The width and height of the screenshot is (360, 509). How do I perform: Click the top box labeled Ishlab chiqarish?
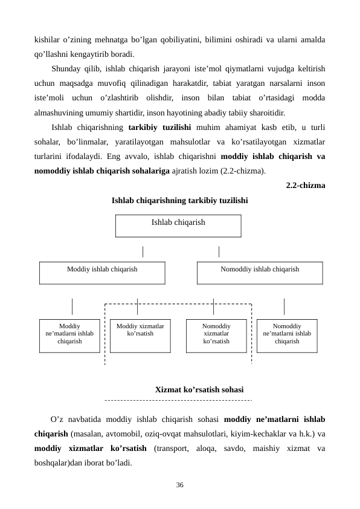point(178,225)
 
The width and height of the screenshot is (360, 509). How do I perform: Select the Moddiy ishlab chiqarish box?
point(102,273)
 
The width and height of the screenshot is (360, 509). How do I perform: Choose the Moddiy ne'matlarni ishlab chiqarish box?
point(69,336)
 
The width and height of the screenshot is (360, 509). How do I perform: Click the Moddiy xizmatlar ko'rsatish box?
point(140,336)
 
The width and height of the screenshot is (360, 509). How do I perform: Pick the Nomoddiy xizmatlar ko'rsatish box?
point(216,336)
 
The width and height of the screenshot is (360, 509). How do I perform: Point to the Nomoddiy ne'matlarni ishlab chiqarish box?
point(287,336)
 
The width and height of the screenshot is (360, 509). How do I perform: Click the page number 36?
point(179,485)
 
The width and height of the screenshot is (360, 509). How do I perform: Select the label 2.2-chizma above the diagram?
point(305,186)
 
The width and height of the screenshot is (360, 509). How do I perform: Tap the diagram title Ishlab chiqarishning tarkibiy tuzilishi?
point(179,200)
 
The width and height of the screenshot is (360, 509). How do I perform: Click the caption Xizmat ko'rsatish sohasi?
point(199,391)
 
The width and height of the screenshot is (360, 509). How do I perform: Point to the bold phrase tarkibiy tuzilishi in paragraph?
point(160,128)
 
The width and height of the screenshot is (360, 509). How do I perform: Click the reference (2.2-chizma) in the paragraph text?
point(240,171)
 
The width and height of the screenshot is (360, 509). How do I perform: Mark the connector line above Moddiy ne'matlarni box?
point(72,306)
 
